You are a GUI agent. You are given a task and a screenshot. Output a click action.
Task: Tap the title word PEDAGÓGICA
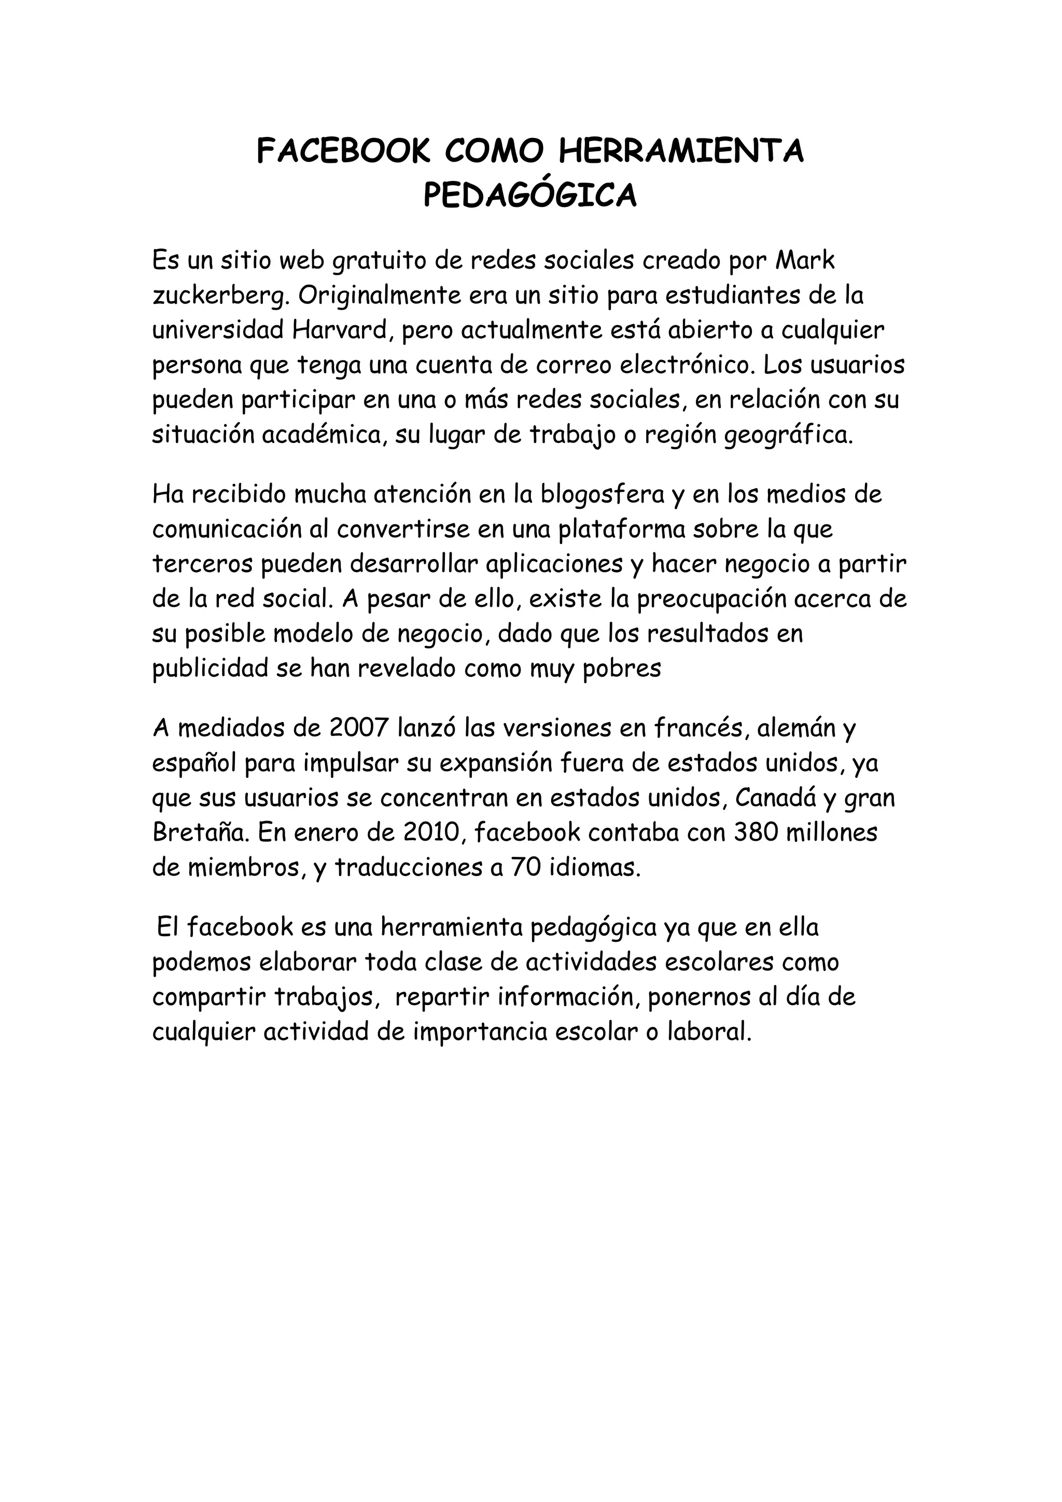[529, 195]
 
